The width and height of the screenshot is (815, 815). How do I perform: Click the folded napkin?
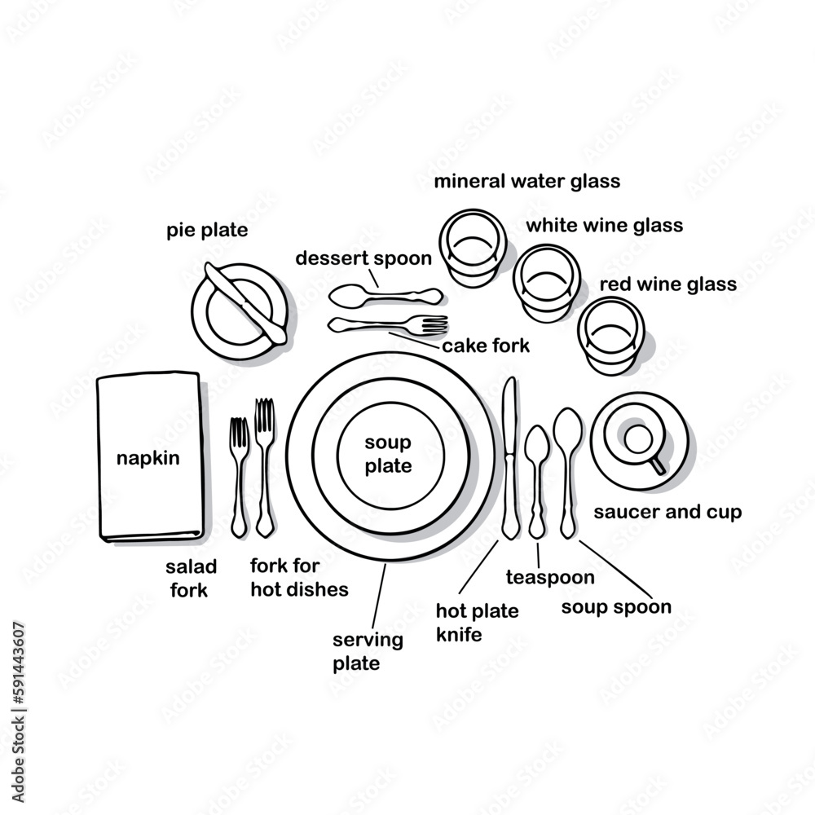tap(148, 456)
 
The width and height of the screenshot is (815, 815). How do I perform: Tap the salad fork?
tap(238, 477)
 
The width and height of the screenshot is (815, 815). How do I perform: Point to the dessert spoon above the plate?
tap(383, 294)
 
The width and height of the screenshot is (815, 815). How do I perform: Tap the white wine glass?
tap(546, 281)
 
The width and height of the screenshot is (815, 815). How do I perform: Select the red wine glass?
tap(611, 334)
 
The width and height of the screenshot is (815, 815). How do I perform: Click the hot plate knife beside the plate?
tap(510, 460)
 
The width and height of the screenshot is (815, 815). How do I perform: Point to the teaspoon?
tap(536, 481)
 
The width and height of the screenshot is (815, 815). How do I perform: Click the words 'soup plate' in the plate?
tap(388, 455)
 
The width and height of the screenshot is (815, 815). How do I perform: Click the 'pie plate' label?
tap(207, 230)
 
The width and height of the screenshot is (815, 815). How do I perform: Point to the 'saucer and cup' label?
tap(667, 513)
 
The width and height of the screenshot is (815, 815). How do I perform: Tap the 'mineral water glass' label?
tap(526, 180)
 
